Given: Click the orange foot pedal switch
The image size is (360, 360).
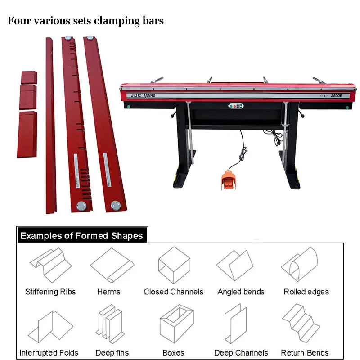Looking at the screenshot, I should point(229,180).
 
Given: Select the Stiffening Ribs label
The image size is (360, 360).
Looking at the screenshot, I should point(50,292).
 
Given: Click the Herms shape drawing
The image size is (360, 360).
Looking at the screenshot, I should point(109,265).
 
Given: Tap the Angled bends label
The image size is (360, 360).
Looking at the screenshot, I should point(241,292).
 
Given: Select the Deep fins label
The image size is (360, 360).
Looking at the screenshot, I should point(112,353).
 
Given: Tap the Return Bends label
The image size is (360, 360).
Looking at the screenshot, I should point(305,353).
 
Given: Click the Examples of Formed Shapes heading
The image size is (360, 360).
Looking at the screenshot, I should point(81,236).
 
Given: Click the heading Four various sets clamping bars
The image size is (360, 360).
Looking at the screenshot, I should point(85,21).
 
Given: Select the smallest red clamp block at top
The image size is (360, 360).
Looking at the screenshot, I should point(29,76).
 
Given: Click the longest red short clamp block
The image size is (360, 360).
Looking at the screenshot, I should point(27,135).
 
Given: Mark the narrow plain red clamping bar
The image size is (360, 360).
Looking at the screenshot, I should point(50,126).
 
